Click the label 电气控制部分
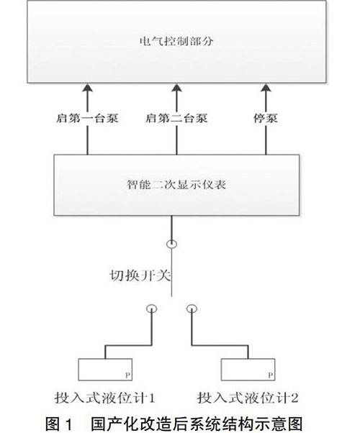pos(176,41)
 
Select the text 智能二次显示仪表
pos(176,184)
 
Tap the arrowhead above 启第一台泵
pos(88,89)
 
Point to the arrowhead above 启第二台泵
pos(176,89)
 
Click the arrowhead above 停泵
pos(266,89)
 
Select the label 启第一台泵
pos(87,118)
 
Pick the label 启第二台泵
pos(176,118)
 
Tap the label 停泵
pos(266,118)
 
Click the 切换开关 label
pos(140,275)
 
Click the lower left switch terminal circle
pos(151,305)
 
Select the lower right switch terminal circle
pos(192,305)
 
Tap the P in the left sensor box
pos(127,375)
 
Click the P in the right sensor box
pos(271,375)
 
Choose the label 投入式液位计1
pos(104,398)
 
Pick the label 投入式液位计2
pos(248,398)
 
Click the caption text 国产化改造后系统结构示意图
pos(197,424)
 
